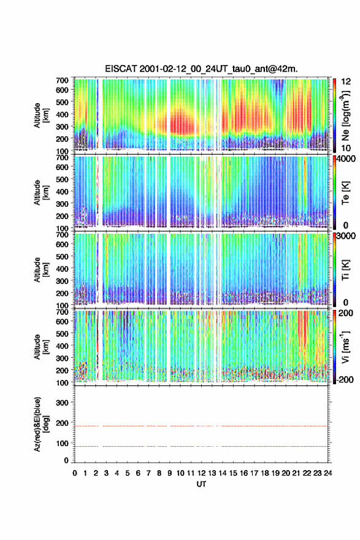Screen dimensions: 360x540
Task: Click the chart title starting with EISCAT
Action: coord(201,69)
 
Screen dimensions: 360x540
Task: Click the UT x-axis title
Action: coord(201,484)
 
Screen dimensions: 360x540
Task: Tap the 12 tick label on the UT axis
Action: coord(201,473)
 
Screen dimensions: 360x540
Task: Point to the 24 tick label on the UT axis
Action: coord(328,473)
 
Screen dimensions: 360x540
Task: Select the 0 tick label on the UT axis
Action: coord(75,473)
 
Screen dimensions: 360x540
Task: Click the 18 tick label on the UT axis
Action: coord(265,473)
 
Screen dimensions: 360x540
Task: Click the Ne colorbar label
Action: coord(346,115)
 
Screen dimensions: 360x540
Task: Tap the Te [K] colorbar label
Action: coord(345,193)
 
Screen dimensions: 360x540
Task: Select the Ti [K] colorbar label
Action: coord(345,269)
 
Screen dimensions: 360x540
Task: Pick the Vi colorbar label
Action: coord(346,347)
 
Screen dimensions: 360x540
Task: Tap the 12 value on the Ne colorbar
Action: coord(346,82)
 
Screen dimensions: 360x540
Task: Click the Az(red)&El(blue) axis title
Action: coord(41,424)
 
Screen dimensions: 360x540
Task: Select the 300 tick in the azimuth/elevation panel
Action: coord(62,403)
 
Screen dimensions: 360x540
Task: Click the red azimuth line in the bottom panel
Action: coord(201,426)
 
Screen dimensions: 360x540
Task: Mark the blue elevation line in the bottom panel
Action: coord(201,446)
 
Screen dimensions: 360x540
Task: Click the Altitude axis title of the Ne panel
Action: coord(41,115)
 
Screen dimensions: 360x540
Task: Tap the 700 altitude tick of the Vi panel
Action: coord(62,312)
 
